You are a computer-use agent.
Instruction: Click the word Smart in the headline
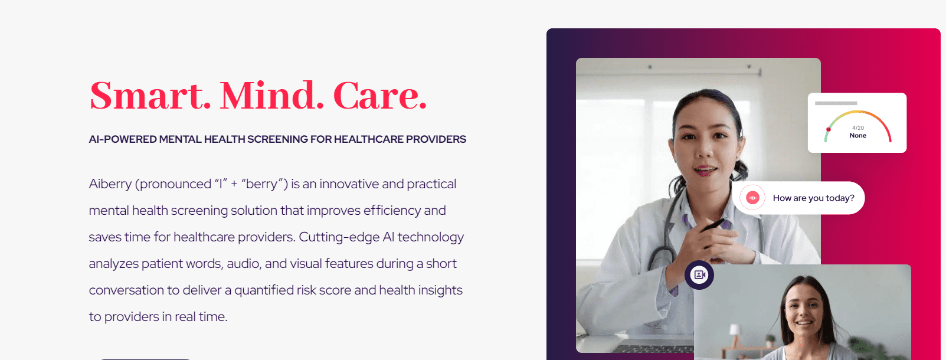150,96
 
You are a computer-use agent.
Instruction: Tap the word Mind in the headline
271,96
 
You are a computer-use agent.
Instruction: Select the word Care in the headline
380,96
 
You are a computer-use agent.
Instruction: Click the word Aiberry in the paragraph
110,184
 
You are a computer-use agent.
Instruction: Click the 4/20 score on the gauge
857,127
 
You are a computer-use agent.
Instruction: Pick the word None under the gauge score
857,136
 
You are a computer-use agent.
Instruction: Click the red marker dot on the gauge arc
828,129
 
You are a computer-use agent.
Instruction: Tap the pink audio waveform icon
752,198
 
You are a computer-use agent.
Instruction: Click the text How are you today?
813,198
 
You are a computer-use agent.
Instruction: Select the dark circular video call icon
699,275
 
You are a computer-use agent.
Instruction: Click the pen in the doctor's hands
713,225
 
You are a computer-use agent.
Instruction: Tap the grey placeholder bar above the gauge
836,103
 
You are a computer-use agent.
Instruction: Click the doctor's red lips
705,171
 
